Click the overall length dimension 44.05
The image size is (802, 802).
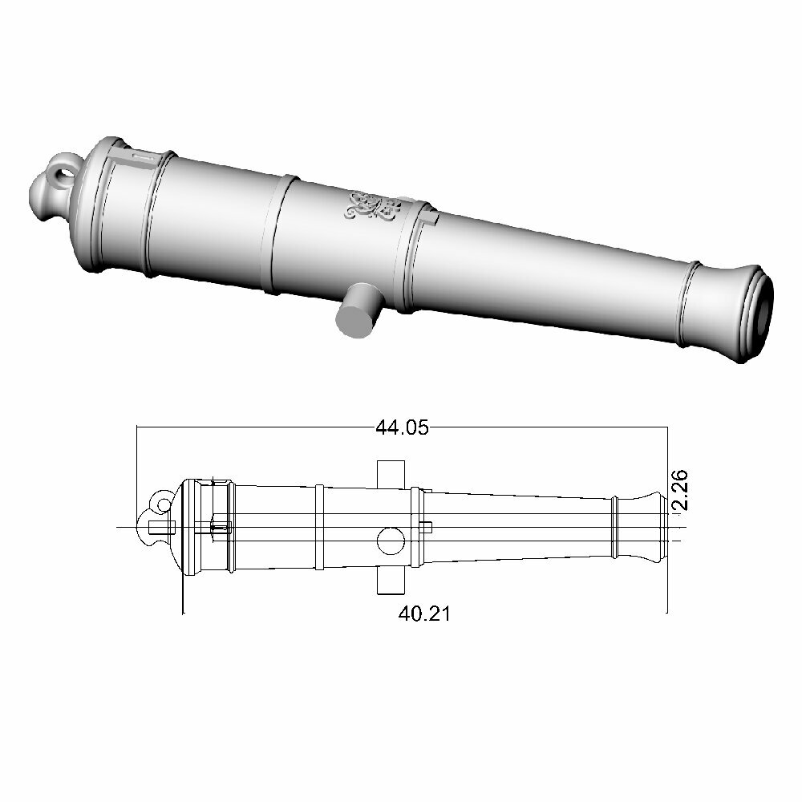402,428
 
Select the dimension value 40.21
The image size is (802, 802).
424,614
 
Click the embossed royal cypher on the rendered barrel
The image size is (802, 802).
371,207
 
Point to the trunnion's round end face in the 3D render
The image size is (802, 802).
354,320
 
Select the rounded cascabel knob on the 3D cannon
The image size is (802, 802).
44,196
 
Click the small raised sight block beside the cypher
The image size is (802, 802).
429,216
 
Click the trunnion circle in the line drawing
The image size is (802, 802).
390,541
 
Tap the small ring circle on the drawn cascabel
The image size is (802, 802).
164,504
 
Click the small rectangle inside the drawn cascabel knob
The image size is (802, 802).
162,526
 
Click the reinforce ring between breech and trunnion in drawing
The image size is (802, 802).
319,527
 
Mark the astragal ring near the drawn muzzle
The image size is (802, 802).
615,527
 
